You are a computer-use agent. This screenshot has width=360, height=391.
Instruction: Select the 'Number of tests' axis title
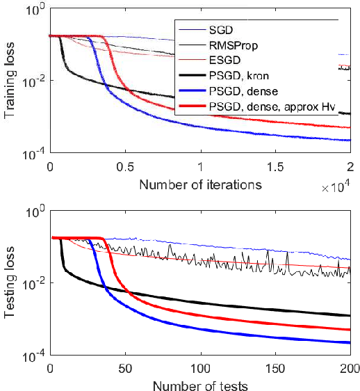(x=199, y=385)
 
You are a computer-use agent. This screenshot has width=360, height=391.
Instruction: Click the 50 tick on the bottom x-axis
(x=124, y=367)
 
